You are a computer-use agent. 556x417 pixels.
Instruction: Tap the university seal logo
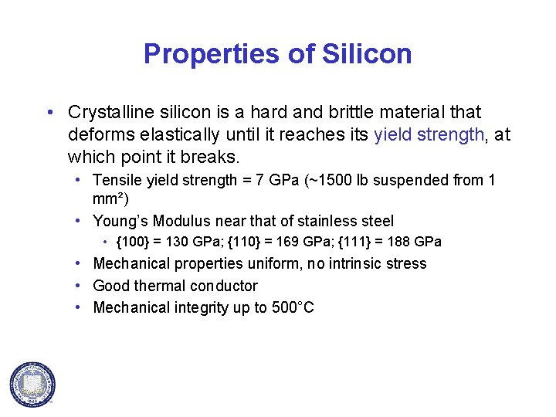pyautogui.click(x=32, y=384)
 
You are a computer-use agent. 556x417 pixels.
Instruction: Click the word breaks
pyautogui.click(x=214, y=158)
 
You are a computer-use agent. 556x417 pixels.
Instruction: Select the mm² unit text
pyautogui.click(x=105, y=198)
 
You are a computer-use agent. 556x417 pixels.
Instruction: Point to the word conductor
pyautogui.click(x=222, y=286)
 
